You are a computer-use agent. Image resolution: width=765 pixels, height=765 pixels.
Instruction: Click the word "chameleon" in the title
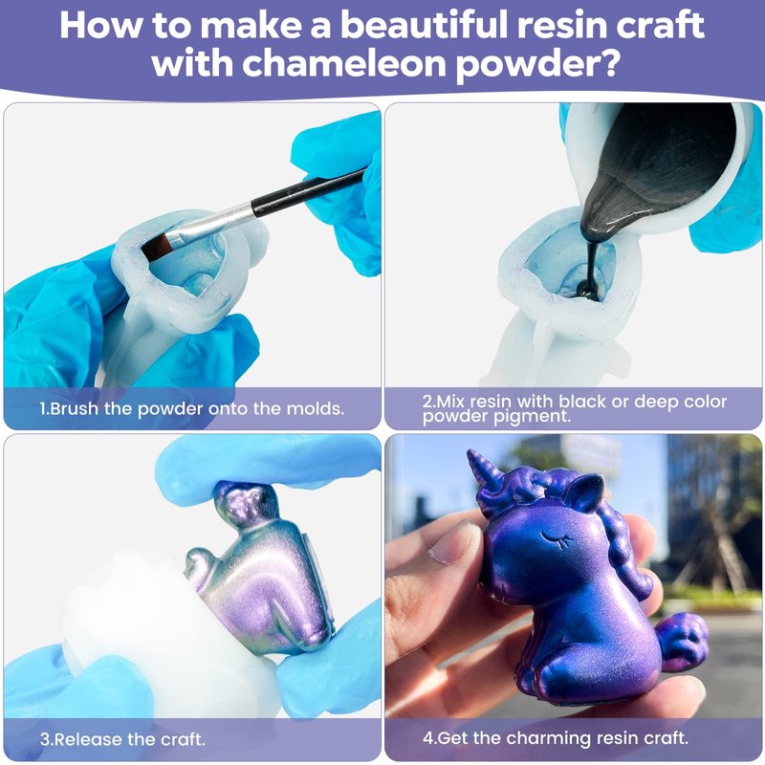click(344, 62)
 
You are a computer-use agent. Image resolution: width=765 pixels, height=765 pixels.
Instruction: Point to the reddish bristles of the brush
click(157, 246)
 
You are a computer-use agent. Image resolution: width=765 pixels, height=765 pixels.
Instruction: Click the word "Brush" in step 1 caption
click(75, 408)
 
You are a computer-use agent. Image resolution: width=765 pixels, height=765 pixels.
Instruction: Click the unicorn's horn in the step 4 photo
click(483, 470)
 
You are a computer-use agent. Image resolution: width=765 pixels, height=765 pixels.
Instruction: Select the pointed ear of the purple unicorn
click(588, 492)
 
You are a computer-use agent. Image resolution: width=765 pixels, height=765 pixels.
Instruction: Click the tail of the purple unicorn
click(682, 639)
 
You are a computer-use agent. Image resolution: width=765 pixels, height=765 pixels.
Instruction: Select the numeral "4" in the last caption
click(427, 737)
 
